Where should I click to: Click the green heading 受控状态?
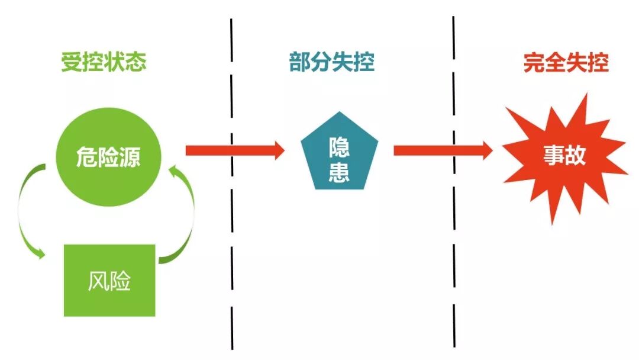[104, 62]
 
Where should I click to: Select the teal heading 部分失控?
[332, 62]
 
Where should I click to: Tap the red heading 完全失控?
[566, 62]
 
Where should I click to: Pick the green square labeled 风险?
[109, 280]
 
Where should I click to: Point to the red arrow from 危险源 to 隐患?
[234, 150]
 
